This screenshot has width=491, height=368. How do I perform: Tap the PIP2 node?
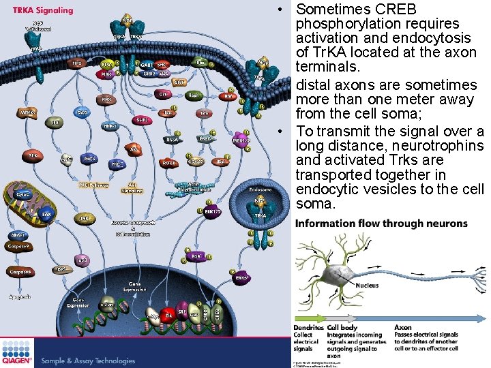click(76, 63)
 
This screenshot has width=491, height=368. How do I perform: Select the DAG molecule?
click(81, 112)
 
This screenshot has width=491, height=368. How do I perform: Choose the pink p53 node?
click(82, 260)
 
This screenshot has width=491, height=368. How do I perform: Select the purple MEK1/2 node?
click(241, 140)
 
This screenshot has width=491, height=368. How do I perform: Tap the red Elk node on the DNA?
click(168, 316)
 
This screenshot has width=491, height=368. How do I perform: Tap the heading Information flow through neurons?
click(381, 224)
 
